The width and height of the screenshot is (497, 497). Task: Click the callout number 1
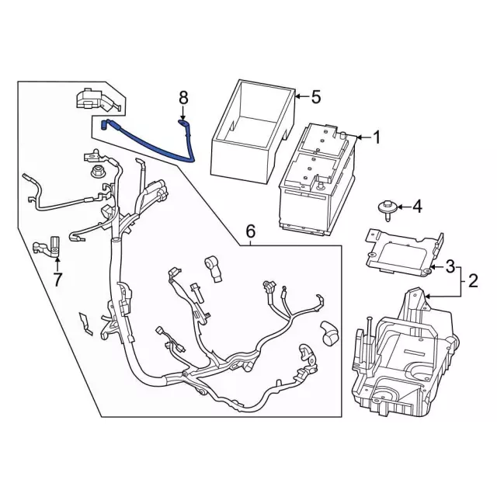(377, 139)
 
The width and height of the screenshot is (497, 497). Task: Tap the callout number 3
(450, 268)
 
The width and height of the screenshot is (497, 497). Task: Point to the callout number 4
(417, 207)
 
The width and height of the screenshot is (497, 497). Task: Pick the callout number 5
(315, 97)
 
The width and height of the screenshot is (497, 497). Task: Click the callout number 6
(251, 231)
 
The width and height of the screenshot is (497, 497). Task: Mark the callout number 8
(184, 97)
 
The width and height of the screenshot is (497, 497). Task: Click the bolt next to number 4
(384, 207)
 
